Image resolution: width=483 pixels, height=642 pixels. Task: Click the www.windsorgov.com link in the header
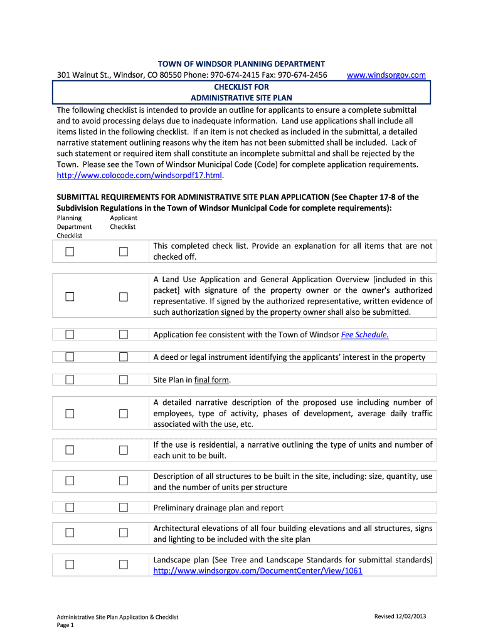pyautogui.click(x=386, y=75)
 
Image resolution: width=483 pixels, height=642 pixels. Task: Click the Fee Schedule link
pyautogui.click(x=365, y=335)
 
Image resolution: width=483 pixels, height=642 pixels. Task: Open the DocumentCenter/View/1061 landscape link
pyautogui.click(x=257, y=571)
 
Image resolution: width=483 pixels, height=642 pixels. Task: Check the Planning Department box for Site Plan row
pyautogui.click(x=70, y=379)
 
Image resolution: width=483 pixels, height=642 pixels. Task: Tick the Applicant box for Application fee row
pyautogui.click(x=124, y=334)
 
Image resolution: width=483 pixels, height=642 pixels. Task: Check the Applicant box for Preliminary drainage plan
pyautogui.click(x=124, y=507)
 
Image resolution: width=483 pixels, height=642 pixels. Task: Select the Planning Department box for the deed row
pyautogui.click(x=70, y=357)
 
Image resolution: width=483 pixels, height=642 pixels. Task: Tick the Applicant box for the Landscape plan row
pyautogui.click(x=124, y=564)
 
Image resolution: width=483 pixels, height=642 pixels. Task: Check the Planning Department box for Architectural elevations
pyautogui.click(x=70, y=533)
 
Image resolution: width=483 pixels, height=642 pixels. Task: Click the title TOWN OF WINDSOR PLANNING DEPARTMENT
pyautogui.click(x=242, y=64)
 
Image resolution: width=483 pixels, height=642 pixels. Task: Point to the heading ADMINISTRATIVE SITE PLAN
pyautogui.click(x=242, y=98)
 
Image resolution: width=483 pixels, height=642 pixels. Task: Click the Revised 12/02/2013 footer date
pyautogui.click(x=400, y=617)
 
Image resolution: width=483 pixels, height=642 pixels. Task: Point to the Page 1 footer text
pyautogui.click(x=66, y=625)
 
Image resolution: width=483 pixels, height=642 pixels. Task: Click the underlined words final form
pyautogui.click(x=212, y=380)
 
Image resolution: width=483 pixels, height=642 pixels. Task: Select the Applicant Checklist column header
pyautogui.click(x=123, y=223)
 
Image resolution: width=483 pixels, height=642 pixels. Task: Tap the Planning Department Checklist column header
pyautogui.click(x=74, y=227)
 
